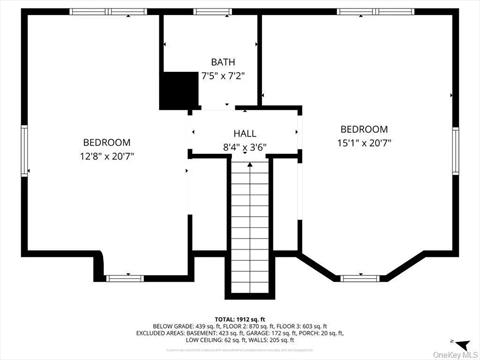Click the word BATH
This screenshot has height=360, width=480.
point(223,62)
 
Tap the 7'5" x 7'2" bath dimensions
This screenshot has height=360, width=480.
point(223,75)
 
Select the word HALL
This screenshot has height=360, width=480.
point(245,133)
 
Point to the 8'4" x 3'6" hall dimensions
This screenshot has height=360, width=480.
point(245,147)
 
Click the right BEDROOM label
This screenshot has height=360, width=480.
point(364,129)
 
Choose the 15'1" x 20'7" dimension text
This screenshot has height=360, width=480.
point(364,143)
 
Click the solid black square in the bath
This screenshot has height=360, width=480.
point(179,90)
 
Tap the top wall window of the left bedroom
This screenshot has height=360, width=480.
point(97,12)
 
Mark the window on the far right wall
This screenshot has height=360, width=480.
point(456,150)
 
